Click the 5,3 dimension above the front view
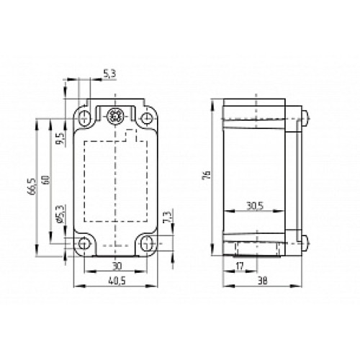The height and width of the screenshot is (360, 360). tap(109, 73)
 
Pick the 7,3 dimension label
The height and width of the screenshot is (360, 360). tap(167, 217)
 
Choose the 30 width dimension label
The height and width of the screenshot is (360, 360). tap(117, 265)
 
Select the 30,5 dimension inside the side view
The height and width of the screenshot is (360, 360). tap(253, 204)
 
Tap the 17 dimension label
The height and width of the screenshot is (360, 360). tap(240, 266)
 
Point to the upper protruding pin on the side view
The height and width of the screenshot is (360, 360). tap(307, 115)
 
